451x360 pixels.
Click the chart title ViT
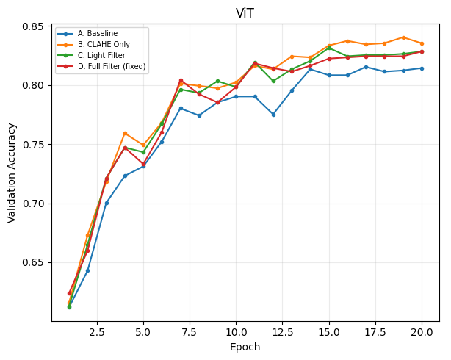[x=245, y=13]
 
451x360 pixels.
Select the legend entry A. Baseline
[x=98, y=33]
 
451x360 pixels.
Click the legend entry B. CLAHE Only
[x=104, y=44]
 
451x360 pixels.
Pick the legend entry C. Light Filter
[x=101, y=55]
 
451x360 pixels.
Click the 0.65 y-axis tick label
[x=33, y=263]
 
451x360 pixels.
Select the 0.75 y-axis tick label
[x=33, y=145]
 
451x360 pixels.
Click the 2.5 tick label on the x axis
[x=97, y=332]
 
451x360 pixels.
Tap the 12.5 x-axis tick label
[x=283, y=332]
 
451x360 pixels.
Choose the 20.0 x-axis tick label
[x=422, y=332]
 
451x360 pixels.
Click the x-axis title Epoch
[x=245, y=347]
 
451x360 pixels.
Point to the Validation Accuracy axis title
[x=12, y=173]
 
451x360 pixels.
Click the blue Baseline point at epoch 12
[x=273, y=115]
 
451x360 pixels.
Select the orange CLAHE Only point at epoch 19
[x=403, y=37]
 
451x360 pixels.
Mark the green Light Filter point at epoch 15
[x=329, y=48]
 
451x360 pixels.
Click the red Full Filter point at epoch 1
[x=69, y=294]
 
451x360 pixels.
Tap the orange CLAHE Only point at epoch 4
[x=125, y=134]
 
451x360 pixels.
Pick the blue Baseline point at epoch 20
[x=422, y=68]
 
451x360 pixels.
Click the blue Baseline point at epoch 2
[x=87, y=271]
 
